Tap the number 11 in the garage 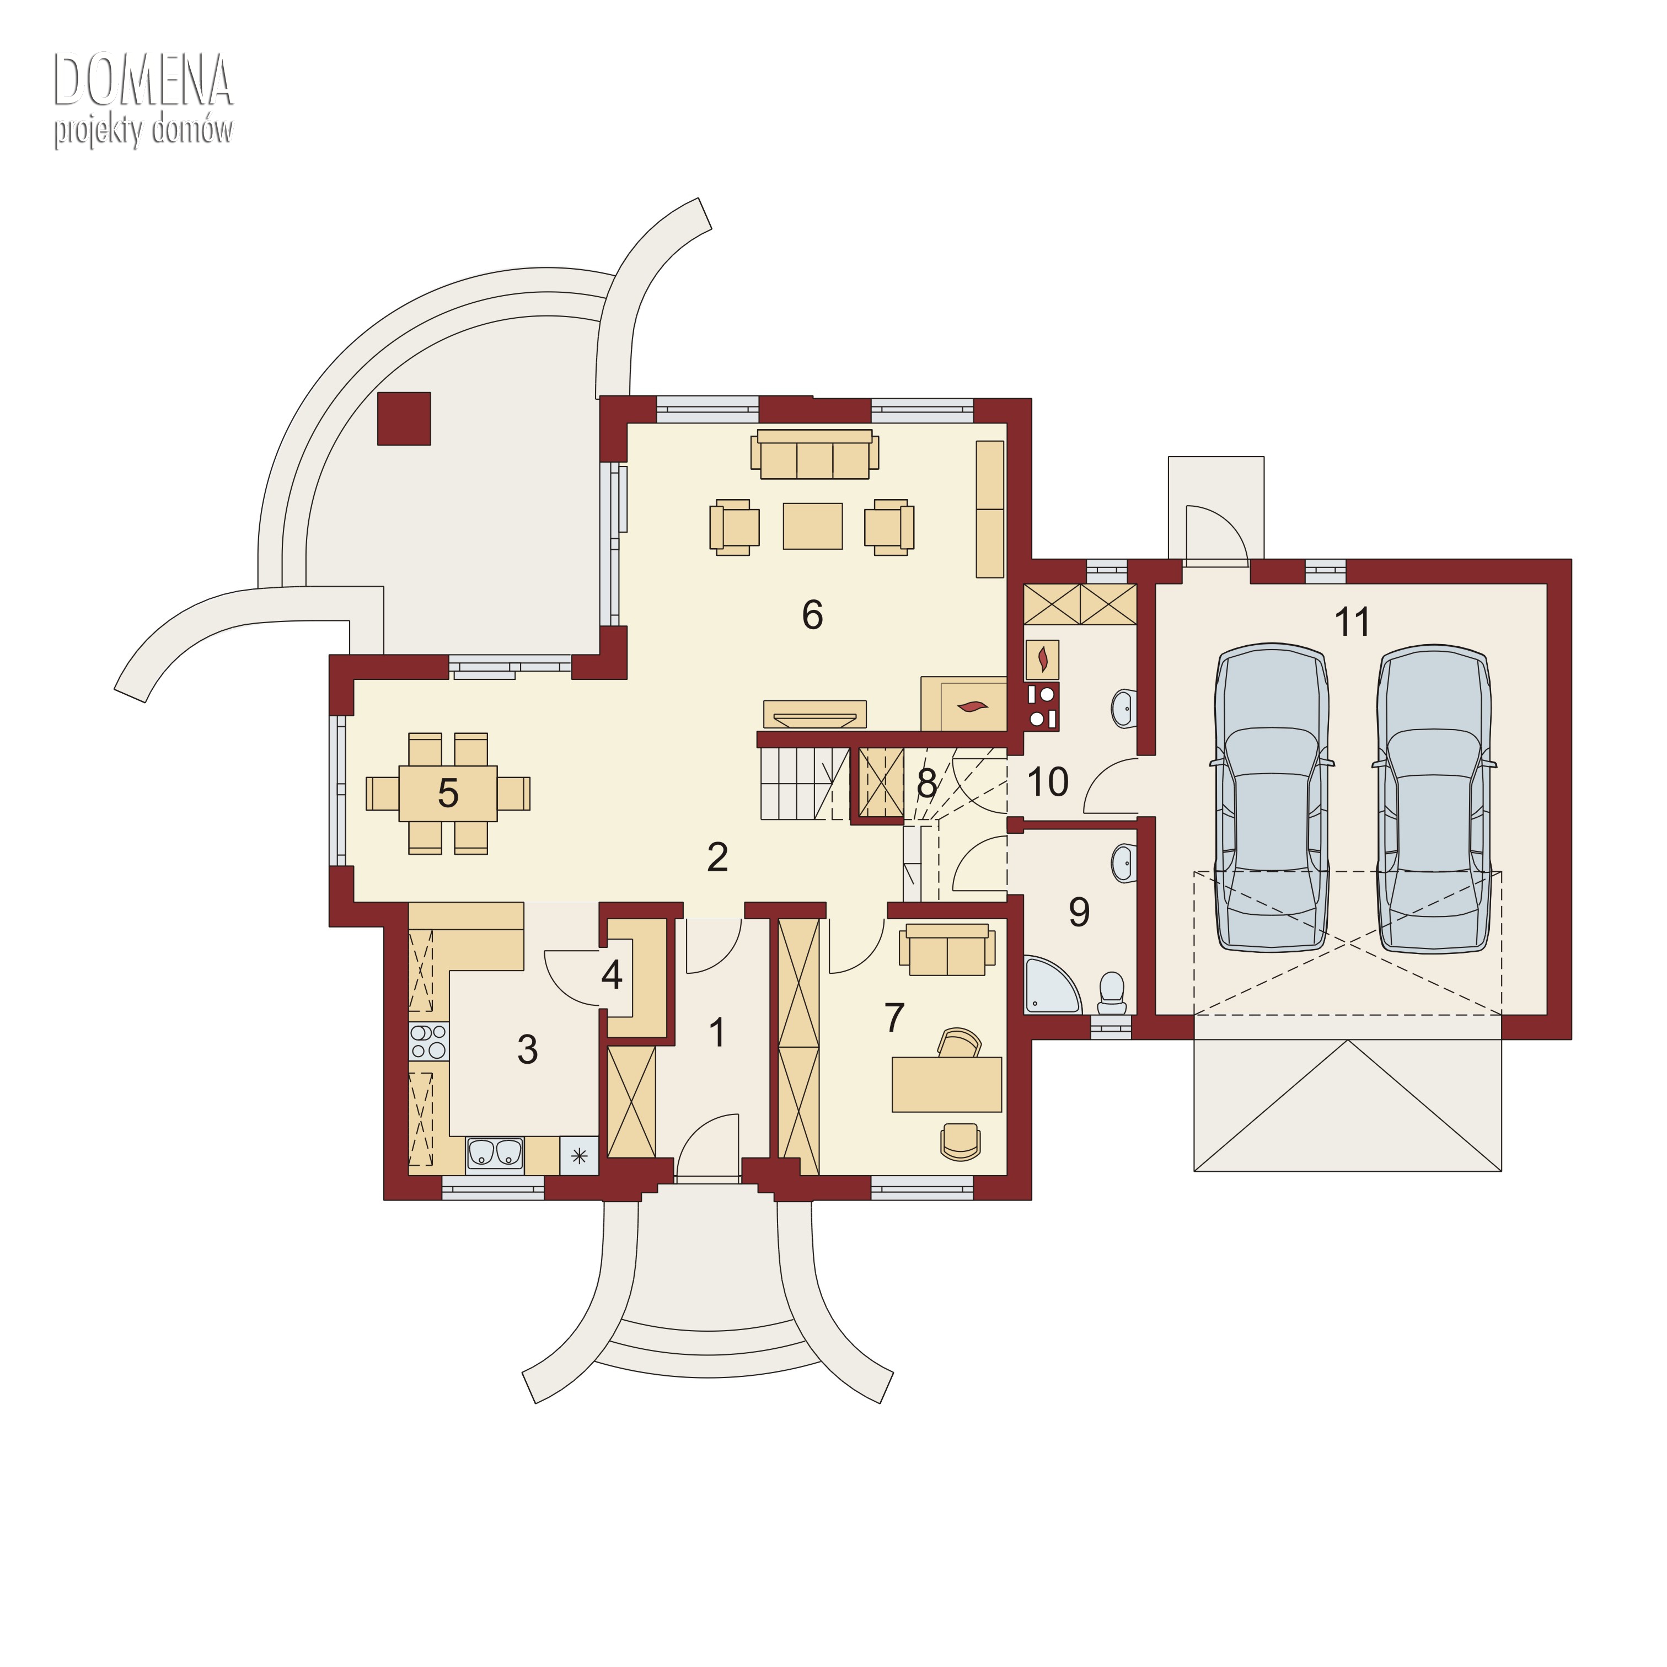point(1352,622)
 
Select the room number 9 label point(1079,912)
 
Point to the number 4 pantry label point(612,975)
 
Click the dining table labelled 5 point(448,794)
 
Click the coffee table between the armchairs point(813,526)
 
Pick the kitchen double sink point(495,1154)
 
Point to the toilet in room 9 point(1112,994)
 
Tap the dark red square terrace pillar point(404,419)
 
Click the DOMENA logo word point(143,81)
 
